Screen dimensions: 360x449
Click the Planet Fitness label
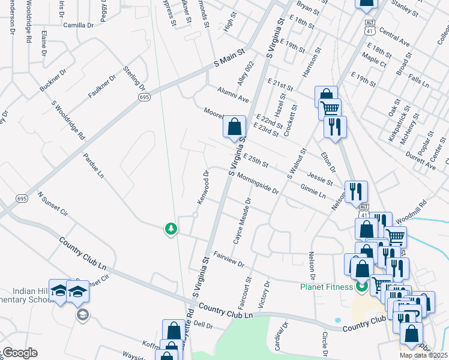point(327,286)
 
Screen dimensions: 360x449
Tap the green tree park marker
point(171,229)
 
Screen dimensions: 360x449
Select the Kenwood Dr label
point(202,186)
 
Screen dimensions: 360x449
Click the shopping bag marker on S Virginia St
point(234,127)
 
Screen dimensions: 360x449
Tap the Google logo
point(19,352)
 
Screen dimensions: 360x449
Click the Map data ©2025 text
point(423,355)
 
